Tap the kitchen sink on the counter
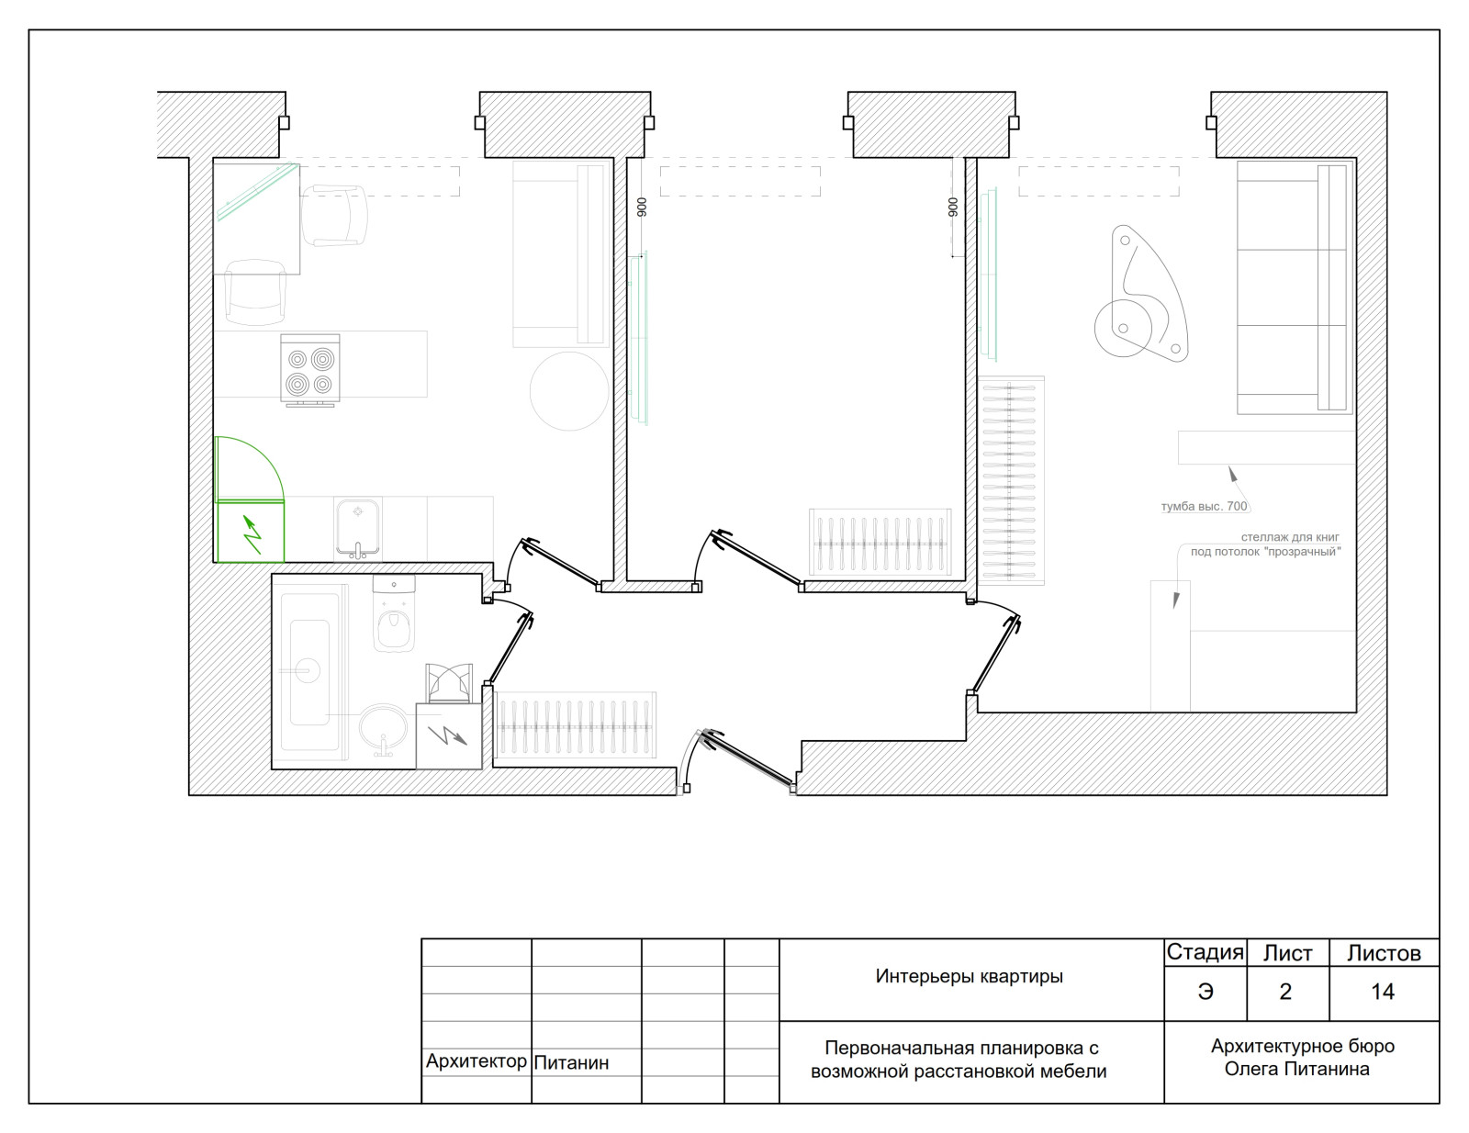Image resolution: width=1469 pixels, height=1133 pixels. click(358, 530)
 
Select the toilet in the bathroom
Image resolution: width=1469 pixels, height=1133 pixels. click(394, 614)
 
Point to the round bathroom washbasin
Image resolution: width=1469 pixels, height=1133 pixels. click(384, 729)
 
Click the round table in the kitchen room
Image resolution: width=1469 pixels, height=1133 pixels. click(569, 391)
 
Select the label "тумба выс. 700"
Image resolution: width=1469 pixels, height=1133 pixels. click(1204, 506)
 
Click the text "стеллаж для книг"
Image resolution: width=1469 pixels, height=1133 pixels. click(1290, 537)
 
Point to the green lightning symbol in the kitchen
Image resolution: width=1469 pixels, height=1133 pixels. click(252, 534)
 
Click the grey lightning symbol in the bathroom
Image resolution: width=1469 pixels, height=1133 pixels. click(447, 735)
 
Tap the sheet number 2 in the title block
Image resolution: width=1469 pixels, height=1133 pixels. click(1285, 992)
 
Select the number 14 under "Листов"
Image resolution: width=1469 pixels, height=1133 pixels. click(1383, 992)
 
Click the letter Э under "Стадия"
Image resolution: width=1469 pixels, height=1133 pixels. click(1205, 992)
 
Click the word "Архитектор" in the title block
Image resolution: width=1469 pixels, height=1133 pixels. click(476, 1061)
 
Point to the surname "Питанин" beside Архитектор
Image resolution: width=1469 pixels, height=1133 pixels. click(571, 1062)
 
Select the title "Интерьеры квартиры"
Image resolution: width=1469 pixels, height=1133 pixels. click(970, 976)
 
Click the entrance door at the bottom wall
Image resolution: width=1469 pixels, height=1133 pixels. click(748, 759)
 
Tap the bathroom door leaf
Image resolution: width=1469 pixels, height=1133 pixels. click(510, 647)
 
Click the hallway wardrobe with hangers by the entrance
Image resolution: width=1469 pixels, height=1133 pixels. click(575, 725)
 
